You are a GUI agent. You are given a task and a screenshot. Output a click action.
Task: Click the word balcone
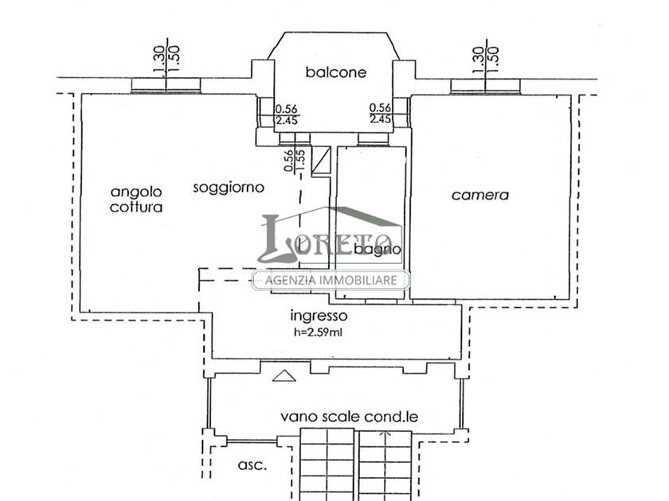pos(336,72)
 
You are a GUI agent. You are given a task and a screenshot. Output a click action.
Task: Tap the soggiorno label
pos(229,188)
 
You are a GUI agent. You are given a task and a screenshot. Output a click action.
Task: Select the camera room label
pos(480,195)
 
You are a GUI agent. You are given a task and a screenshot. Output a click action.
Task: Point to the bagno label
pos(378,249)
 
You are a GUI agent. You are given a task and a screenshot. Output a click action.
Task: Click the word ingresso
pos(319,316)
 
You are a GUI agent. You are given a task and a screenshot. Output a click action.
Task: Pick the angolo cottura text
pos(136,200)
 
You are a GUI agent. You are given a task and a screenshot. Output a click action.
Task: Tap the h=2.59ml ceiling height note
pos(318,332)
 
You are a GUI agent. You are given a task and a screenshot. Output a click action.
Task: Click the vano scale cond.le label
pos(350,416)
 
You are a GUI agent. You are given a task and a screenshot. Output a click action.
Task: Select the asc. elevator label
pos(252,464)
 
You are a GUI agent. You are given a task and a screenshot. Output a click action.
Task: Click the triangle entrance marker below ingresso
pos(284,375)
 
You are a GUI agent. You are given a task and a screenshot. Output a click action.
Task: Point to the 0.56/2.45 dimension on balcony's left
pos(286,115)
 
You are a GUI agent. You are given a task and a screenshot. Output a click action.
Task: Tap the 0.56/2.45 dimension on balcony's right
pos(380,113)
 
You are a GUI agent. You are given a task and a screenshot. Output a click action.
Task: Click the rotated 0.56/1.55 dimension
pos(295,160)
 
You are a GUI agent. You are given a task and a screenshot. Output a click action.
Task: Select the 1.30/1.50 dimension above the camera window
pos(486,60)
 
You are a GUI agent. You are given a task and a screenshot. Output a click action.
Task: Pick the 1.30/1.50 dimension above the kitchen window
pos(166,60)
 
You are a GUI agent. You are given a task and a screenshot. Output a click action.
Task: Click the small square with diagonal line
pos(321,161)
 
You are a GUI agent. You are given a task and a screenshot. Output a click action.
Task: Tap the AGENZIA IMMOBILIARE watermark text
pos(331,280)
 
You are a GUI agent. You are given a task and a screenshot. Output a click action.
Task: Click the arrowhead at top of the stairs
pos(385,434)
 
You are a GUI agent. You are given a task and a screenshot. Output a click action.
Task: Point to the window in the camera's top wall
pos(486,87)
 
